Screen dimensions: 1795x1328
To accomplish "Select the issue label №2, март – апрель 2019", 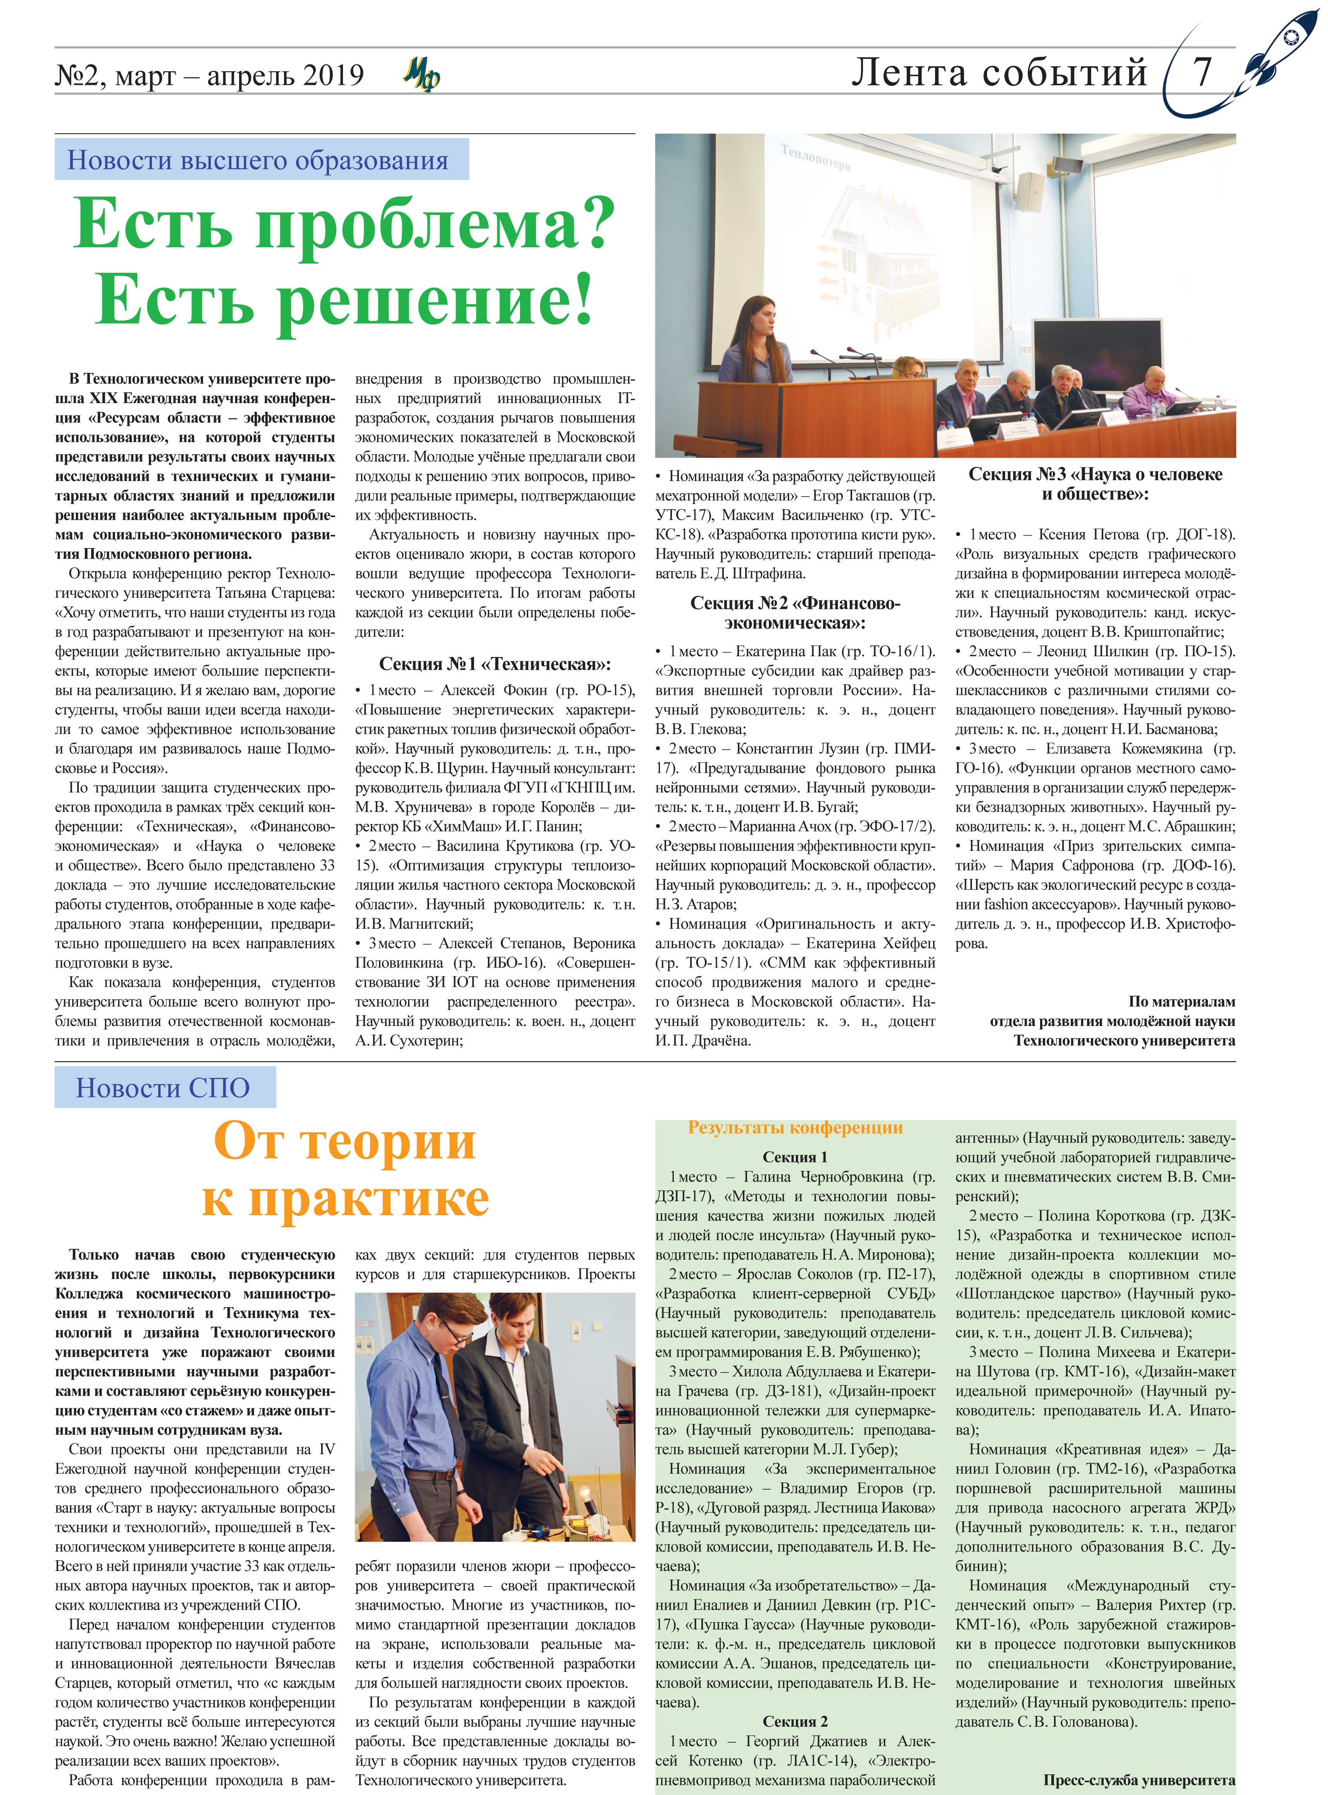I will tap(209, 76).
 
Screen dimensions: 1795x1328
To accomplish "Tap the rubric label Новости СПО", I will tap(163, 1088).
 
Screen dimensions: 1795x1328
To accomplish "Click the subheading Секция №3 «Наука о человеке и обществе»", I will tap(1095, 484).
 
